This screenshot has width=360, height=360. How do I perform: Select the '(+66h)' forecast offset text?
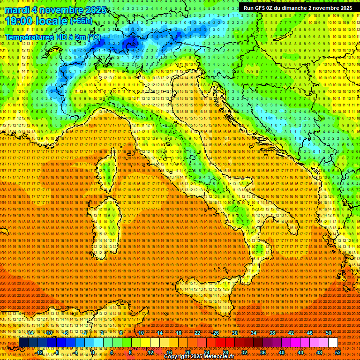pos(81,21)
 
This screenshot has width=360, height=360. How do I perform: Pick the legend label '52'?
pos(337,352)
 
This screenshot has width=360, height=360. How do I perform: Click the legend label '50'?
pos(328,333)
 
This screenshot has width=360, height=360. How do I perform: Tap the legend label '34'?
pos(253,333)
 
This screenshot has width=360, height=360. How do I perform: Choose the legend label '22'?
pos(197,333)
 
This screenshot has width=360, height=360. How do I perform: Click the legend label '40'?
pos(281,352)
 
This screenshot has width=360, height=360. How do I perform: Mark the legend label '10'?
pos(141,333)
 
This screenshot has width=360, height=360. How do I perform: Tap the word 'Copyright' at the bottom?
pos(179,357)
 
